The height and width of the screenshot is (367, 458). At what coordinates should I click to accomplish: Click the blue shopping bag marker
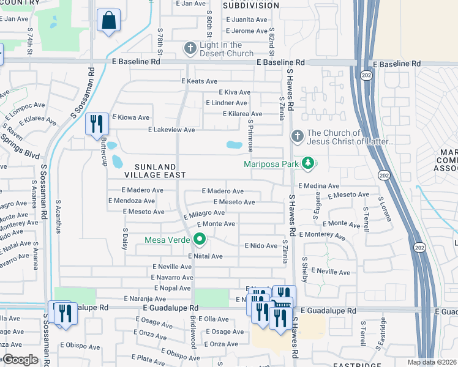point(108,20)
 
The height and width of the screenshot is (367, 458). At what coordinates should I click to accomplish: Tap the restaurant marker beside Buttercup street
point(97,124)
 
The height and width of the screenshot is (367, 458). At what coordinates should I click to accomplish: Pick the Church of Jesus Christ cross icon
point(297,136)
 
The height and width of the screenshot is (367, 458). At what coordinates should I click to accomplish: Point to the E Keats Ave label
point(199,81)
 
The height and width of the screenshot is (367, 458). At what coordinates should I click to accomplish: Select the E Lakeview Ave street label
point(172,130)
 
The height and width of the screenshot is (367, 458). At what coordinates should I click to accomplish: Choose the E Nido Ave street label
point(261,245)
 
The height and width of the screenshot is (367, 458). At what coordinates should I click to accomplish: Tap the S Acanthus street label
point(58,217)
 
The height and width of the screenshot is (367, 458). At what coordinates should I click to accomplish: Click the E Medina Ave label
point(318,186)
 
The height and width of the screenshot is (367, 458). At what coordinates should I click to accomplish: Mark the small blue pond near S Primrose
point(234,146)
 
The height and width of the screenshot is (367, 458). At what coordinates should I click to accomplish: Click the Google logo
point(20,360)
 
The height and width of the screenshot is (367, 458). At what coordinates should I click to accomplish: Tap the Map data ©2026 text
point(432,362)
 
